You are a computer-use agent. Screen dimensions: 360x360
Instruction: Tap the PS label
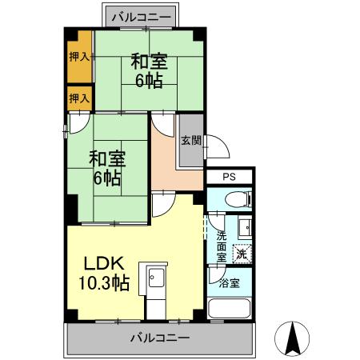tap(230, 177)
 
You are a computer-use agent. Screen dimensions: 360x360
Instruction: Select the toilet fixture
tap(237, 200)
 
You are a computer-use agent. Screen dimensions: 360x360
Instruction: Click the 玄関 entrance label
tap(190, 141)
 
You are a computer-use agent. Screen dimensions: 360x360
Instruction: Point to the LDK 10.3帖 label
tap(102, 272)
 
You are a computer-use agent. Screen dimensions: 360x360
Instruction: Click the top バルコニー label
tap(147, 16)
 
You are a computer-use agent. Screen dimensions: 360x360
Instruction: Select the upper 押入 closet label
tap(78, 57)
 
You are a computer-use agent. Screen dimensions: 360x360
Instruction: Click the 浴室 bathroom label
tap(229, 283)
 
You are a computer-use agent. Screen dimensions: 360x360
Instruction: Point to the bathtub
tap(230, 310)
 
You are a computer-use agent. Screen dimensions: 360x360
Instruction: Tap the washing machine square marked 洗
tap(242, 254)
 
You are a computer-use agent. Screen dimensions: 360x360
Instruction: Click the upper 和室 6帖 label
tap(148, 69)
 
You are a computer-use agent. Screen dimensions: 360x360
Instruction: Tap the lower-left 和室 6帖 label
tap(106, 167)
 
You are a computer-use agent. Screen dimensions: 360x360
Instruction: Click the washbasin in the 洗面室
tap(245, 228)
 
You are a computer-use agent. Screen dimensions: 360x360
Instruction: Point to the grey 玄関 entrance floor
tap(190, 152)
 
